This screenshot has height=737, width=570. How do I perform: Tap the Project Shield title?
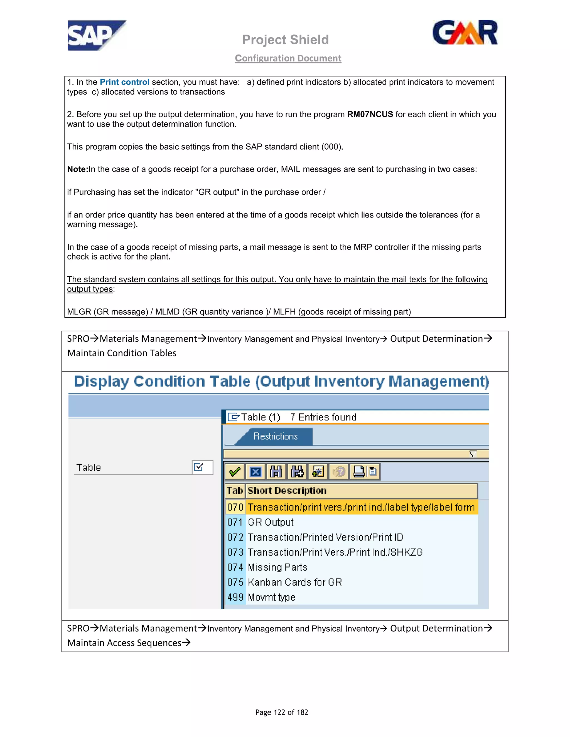pos(285,40)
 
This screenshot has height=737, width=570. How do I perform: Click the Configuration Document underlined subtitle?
pos(288,58)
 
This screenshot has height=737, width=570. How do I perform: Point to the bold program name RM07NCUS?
pos(370,114)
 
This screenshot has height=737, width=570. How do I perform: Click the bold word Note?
pos(77,169)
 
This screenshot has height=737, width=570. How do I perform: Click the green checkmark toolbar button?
pos(235,471)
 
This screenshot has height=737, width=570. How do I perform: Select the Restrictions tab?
pos(276,436)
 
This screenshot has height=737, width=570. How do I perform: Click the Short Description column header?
pos(287,491)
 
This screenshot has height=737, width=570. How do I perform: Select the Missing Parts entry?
pos(277,567)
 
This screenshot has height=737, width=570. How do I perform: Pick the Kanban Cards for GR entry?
pos(294,582)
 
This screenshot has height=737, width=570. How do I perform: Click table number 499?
pos(235,597)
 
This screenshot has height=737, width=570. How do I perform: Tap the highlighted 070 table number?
pos(235,507)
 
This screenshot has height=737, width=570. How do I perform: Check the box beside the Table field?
pos(199,468)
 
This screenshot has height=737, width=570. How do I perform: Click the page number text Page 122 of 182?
pos(282,712)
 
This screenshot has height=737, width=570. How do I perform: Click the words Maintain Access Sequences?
pos(124,643)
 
